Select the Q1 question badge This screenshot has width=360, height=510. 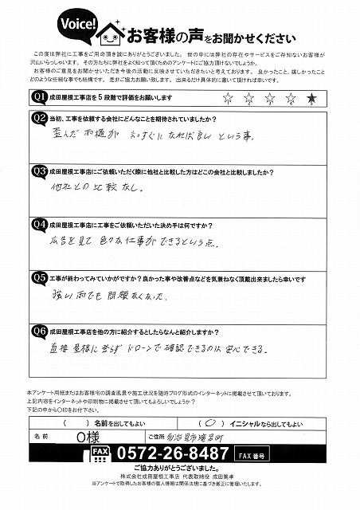coord(37,97)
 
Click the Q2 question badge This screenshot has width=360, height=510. coord(37,118)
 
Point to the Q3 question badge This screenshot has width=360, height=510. coord(37,171)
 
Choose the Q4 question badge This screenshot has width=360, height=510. coord(37,224)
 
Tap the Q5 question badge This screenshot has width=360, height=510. coord(37,279)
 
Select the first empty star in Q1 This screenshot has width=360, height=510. coord(230,99)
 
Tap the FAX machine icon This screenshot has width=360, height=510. coord(100,455)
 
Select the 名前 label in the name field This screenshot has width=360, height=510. coord(42,437)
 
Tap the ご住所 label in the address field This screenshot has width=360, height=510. coord(155,437)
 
